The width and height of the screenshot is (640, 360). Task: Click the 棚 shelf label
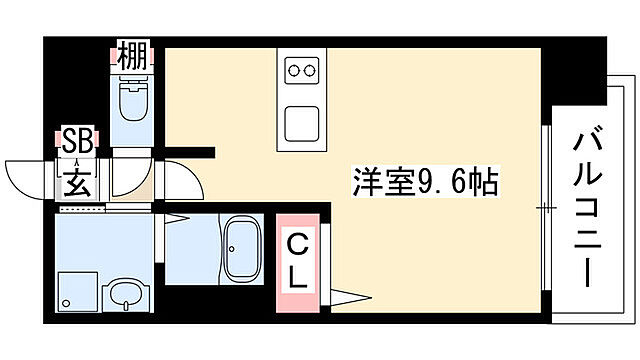point(130,55)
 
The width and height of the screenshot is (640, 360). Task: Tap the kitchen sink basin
point(303,122)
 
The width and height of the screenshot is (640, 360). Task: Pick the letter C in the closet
point(297,243)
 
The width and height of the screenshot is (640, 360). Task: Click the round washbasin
point(125,294)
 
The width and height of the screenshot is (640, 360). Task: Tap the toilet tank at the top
point(131,83)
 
